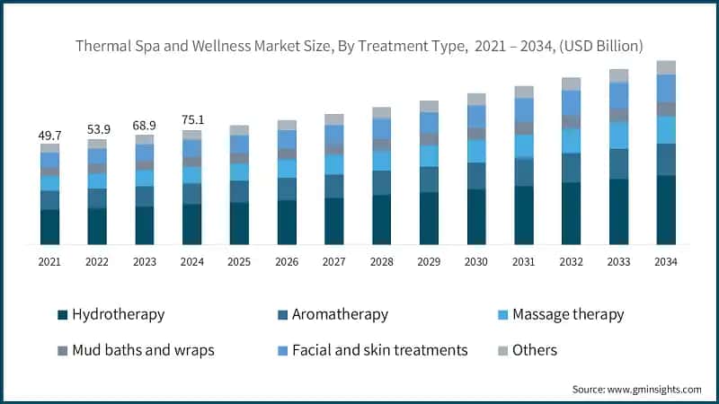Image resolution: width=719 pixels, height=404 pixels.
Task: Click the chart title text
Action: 359,45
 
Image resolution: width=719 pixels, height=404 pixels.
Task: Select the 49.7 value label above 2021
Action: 49,134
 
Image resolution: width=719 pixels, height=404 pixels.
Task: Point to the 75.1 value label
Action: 191,120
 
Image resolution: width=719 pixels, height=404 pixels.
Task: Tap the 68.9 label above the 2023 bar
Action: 144,125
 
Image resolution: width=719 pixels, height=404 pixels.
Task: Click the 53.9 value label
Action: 97,130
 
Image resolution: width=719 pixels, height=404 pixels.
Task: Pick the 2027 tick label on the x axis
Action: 333,261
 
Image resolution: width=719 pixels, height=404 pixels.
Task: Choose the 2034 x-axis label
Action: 665,261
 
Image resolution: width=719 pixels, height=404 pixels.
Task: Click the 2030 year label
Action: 476,261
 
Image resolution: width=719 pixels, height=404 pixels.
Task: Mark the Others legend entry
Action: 536,350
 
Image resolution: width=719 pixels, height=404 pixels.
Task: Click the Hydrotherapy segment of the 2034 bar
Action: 666,210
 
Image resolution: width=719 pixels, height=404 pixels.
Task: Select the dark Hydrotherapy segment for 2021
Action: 49,227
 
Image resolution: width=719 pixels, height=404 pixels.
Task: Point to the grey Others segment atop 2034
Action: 666,67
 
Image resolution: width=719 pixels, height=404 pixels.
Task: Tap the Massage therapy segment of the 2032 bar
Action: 571,141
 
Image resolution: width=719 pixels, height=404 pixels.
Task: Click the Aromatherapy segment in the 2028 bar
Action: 381,182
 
